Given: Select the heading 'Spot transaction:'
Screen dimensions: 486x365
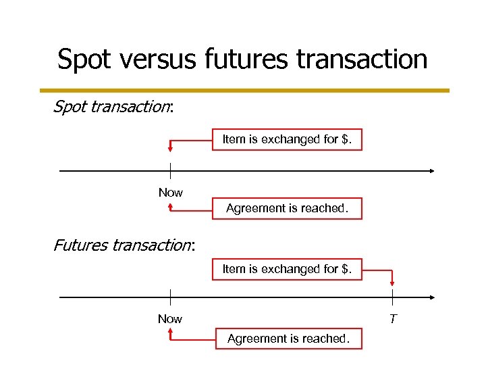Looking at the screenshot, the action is (x=113, y=107).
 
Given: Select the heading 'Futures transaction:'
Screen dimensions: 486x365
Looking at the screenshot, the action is (x=124, y=245).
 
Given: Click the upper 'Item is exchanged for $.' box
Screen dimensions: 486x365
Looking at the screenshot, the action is (x=287, y=139).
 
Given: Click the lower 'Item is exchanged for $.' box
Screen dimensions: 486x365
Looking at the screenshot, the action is (x=287, y=269).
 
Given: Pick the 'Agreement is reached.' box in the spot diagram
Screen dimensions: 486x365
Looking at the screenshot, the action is (x=287, y=208).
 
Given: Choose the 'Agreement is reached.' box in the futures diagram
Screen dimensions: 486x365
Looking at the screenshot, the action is (x=288, y=339).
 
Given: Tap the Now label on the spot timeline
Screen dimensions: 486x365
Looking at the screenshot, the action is (x=170, y=193).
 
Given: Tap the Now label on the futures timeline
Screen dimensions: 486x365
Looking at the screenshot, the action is (x=170, y=319).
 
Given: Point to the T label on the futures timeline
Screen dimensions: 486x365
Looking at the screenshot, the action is (x=393, y=318).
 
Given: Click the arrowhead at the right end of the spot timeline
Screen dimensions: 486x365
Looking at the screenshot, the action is (x=431, y=171).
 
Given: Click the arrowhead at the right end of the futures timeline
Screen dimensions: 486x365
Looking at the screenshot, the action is (x=431, y=297).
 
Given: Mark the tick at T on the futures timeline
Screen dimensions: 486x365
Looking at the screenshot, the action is (x=393, y=297).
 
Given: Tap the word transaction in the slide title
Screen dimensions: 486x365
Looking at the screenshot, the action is (x=361, y=59).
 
